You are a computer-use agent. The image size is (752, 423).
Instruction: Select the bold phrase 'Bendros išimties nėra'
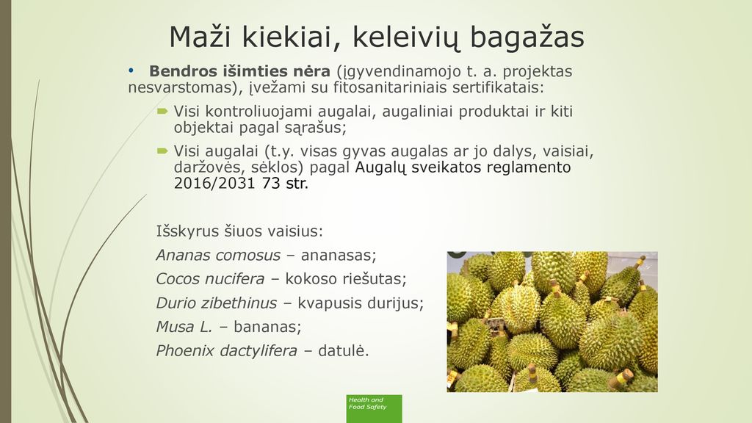(240, 71)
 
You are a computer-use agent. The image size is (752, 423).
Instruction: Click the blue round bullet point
(131, 71)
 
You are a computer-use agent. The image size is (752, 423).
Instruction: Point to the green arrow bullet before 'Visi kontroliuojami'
(162, 112)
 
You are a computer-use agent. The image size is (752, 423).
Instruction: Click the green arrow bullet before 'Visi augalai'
(162, 151)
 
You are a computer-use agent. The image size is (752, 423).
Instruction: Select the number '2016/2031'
(214, 183)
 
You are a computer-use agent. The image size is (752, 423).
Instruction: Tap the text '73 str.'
(285, 183)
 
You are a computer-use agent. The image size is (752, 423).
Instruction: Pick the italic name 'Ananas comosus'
(218, 255)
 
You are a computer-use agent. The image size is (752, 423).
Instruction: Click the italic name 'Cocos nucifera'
(210, 278)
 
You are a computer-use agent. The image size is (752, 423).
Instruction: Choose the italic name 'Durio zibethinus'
(217, 303)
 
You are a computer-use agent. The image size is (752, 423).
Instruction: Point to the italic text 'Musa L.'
(184, 327)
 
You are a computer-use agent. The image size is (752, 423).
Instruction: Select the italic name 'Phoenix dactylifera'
(226, 351)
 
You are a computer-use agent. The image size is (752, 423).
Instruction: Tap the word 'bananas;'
(267, 327)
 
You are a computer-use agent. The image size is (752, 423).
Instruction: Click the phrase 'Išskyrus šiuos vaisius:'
(239, 231)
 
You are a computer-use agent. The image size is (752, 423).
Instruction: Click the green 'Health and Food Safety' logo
(374, 408)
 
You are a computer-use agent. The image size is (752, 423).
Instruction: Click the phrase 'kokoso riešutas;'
(346, 278)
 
